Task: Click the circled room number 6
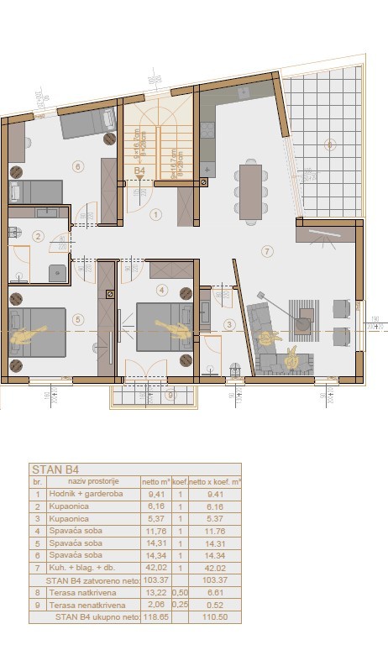77,166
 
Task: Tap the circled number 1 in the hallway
155,214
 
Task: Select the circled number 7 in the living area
266,251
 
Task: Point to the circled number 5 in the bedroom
77,318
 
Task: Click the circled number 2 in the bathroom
37,237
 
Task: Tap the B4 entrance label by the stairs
140,170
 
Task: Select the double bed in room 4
165,326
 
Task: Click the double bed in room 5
37,332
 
